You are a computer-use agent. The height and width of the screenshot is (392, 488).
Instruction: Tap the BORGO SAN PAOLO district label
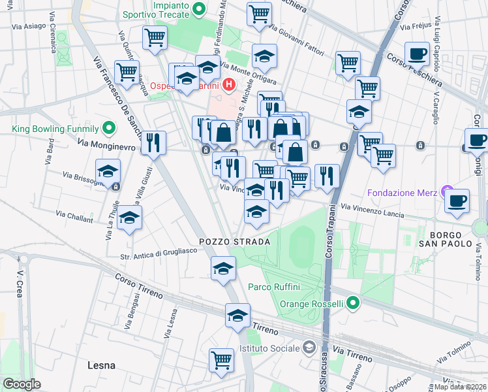(446, 239)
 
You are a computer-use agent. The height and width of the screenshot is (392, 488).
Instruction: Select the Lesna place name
(101, 365)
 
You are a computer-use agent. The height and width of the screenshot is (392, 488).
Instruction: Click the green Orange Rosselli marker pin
(353, 303)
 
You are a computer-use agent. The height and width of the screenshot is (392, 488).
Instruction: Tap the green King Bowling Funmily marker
(111, 129)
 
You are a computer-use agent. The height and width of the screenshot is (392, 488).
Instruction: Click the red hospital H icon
(228, 85)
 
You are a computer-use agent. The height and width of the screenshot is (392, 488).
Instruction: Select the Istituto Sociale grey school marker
(309, 347)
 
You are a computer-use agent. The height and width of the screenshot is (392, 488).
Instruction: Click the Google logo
(22, 384)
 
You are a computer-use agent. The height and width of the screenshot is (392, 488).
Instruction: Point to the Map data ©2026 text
(461, 386)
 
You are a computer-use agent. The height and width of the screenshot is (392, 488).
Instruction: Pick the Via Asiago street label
(31, 26)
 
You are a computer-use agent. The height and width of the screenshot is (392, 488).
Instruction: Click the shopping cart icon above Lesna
(222, 359)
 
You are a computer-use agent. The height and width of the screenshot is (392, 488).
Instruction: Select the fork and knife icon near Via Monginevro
(153, 142)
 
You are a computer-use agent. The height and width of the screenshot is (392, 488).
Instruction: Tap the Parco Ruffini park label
(273, 286)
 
